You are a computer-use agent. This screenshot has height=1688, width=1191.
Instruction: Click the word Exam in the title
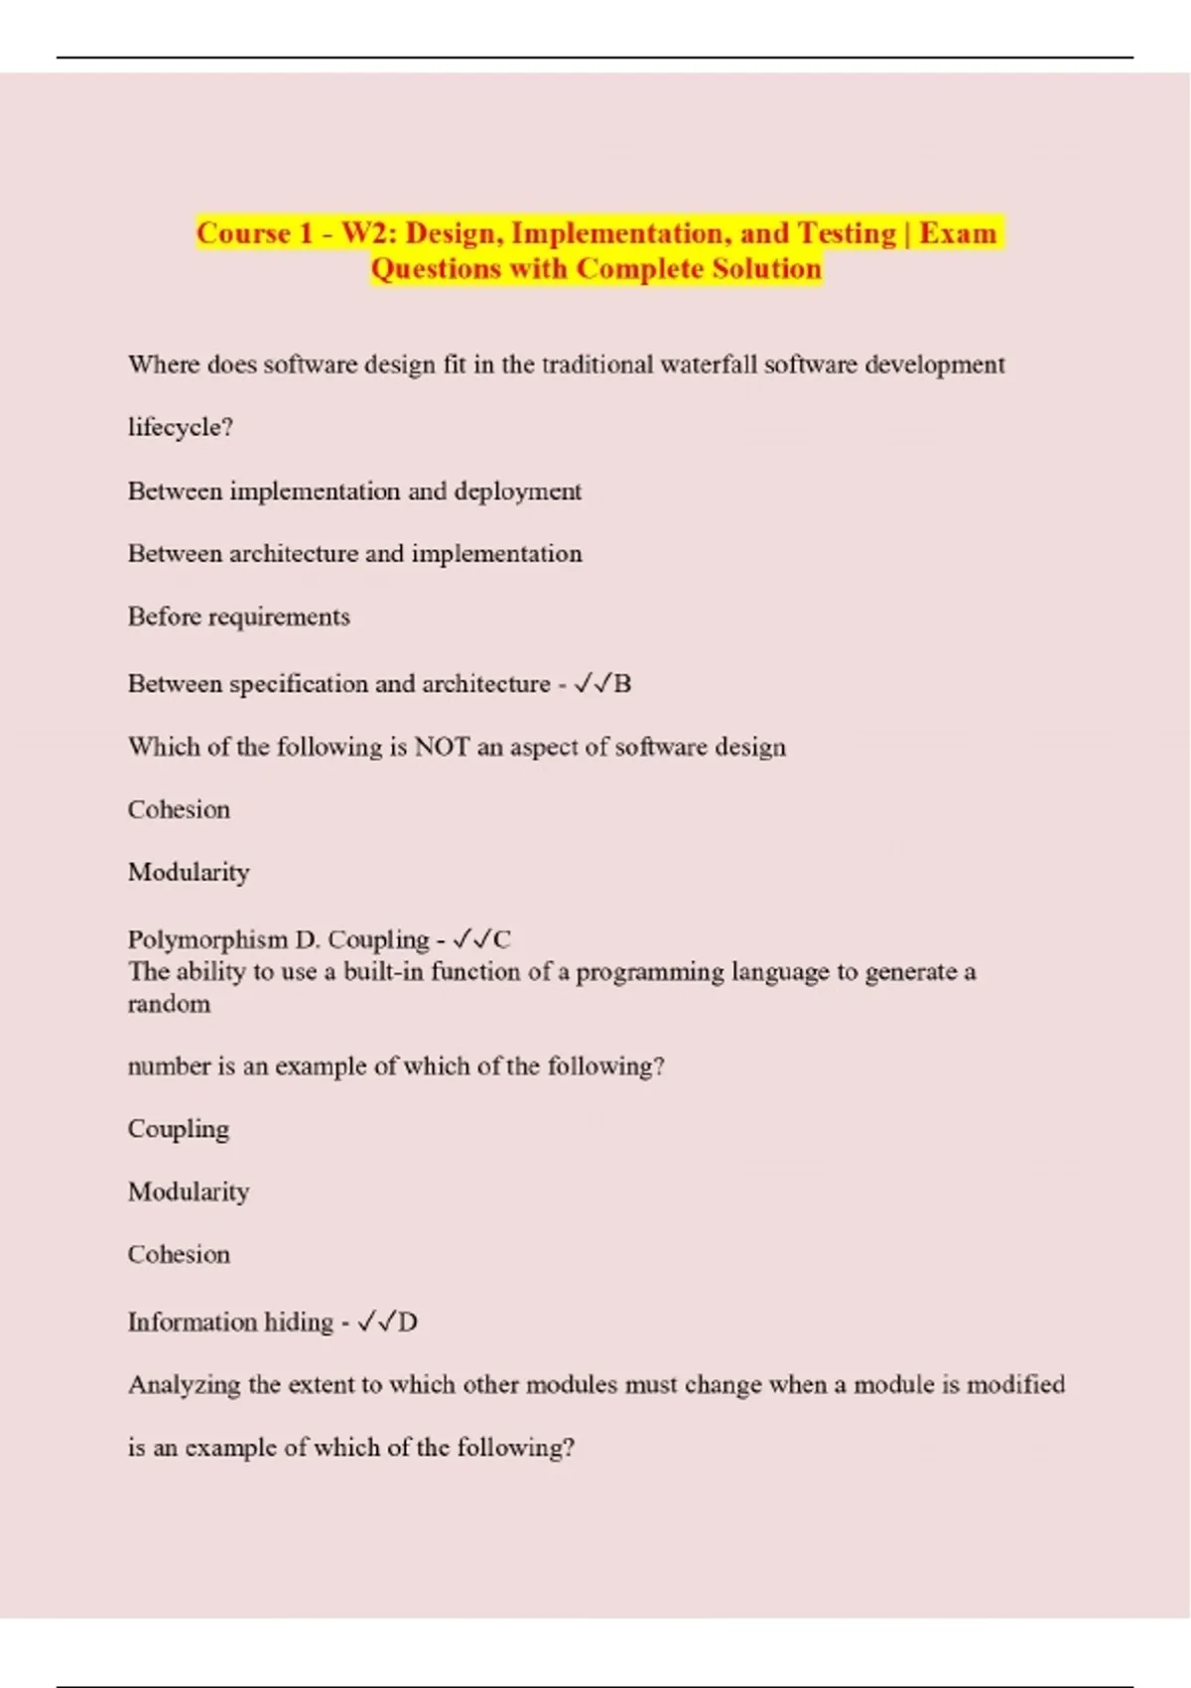tap(957, 233)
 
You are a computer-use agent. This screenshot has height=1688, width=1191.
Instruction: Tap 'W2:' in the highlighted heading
tap(369, 233)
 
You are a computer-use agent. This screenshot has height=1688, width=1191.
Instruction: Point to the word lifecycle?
tap(181, 427)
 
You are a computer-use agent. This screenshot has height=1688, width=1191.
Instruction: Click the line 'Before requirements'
tap(238, 617)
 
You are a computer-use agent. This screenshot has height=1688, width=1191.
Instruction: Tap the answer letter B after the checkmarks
tap(622, 683)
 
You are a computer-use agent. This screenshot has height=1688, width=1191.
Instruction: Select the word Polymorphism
tap(206, 939)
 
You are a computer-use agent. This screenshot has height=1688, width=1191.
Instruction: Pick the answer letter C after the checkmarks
tap(501, 939)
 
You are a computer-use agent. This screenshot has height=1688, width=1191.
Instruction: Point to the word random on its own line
tap(169, 1004)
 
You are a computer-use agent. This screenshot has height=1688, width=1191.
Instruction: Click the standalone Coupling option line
tap(179, 1129)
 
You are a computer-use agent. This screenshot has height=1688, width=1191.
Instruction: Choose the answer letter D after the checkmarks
tap(407, 1322)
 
